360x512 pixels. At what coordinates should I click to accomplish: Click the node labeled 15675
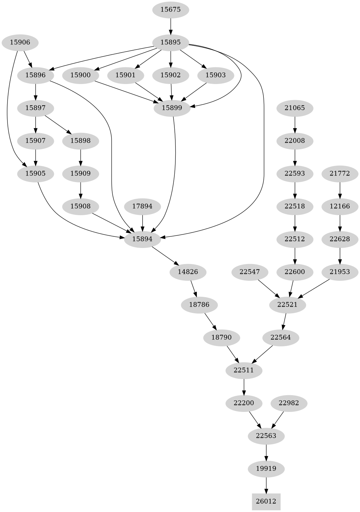170,10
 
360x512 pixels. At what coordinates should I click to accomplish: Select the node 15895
170,42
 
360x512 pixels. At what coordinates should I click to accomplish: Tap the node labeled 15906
20,42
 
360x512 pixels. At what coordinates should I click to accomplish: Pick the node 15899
172,108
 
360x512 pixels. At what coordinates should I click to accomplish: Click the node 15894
142,239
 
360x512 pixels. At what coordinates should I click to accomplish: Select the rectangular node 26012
266,501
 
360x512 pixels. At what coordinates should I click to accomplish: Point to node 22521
287,305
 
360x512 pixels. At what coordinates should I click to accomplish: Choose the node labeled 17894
142,206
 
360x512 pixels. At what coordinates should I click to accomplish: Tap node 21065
294,108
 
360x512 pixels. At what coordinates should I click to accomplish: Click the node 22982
289,403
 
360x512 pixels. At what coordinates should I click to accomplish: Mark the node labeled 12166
340,206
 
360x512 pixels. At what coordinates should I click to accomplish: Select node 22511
244,370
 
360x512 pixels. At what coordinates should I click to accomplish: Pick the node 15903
216,75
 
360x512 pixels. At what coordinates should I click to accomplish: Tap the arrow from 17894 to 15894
142,223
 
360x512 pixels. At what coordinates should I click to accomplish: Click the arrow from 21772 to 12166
340,190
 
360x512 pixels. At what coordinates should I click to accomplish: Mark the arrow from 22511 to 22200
244,387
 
